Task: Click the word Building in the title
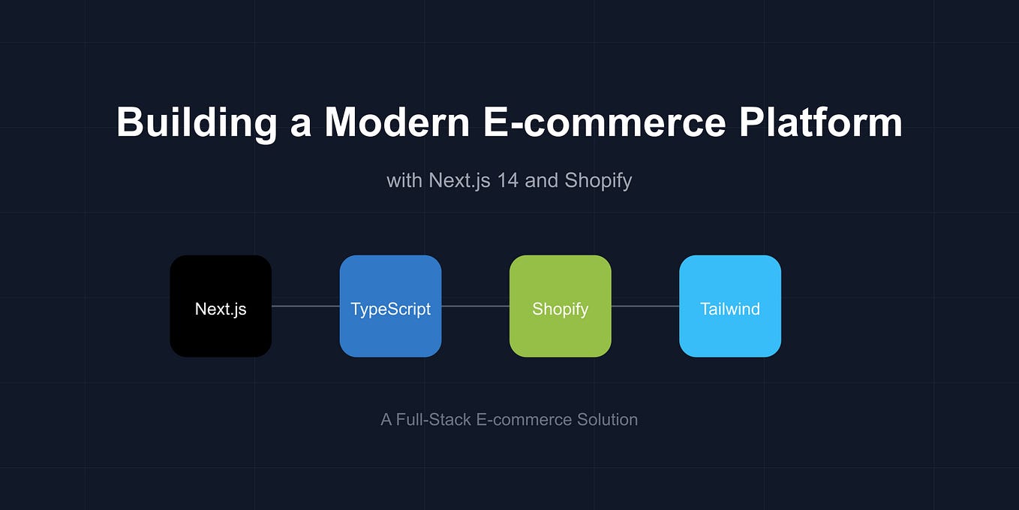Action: (197, 122)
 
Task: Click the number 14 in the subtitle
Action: (507, 181)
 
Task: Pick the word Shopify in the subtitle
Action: (598, 181)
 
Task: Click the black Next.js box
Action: (221, 306)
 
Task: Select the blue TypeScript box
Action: (390, 306)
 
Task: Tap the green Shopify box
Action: (561, 306)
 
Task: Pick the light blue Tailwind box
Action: (730, 306)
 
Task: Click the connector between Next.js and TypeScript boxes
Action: (305, 306)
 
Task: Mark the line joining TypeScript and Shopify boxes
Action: (475, 306)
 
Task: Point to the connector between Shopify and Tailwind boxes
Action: (645, 306)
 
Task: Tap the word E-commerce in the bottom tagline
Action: (514, 420)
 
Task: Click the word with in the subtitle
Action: (404, 181)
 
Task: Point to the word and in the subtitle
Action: (541, 181)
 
